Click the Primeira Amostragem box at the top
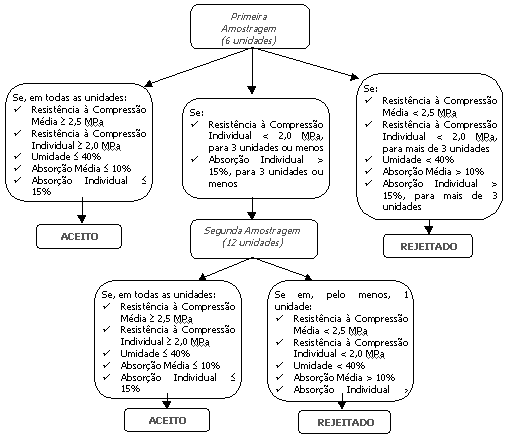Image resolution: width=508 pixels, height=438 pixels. point(250,27)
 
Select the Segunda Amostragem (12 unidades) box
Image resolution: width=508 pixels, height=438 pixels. point(254,239)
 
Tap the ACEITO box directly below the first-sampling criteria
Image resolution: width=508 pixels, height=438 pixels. point(79,236)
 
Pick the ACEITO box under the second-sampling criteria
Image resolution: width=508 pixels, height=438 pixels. point(167,420)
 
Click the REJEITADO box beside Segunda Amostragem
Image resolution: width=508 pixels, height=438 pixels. point(428,246)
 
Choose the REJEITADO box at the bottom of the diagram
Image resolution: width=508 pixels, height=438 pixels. point(344,422)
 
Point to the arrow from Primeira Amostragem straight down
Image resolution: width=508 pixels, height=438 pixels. point(252,71)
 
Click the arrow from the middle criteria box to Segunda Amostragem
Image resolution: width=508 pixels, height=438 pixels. point(252,209)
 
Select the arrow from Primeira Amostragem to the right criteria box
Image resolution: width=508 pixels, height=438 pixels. point(305,63)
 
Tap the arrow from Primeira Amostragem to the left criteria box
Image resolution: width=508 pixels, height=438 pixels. point(199,67)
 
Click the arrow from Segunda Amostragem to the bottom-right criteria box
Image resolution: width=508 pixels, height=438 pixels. point(282,269)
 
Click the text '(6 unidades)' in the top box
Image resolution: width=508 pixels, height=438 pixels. point(248,41)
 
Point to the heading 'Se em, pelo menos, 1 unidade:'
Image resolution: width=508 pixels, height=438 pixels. point(341,300)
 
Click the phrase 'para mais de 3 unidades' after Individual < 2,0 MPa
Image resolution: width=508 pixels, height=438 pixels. point(436,148)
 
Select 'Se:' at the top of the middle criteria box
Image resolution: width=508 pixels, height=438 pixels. point(196,112)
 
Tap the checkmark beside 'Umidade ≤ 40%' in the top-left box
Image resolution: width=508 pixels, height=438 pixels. point(17,156)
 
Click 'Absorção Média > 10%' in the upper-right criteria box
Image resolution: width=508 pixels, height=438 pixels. point(433,171)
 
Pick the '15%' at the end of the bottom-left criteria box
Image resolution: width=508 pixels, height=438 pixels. point(130,388)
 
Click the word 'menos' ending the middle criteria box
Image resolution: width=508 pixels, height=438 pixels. point(223,183)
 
